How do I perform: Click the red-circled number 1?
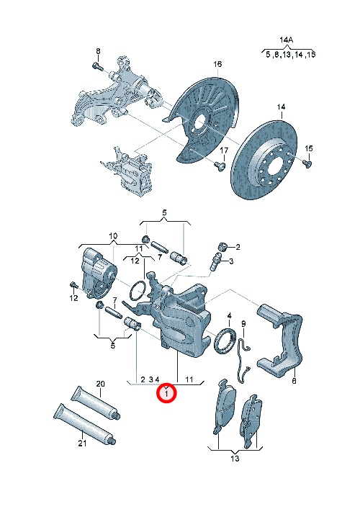click(166, 394)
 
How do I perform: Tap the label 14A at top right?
click(287, 40)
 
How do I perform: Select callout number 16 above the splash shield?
click(217, 64)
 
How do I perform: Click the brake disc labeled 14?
click(264, 160)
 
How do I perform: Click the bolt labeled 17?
click(220, 166)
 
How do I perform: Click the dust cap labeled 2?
click(222, 247)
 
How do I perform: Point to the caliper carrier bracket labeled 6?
click(281, 341)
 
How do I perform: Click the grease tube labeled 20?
click(96, 402)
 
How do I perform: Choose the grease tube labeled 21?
click(84, 424)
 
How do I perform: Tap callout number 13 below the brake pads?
click(235, 459)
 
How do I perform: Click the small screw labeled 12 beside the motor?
click(73, 286)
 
